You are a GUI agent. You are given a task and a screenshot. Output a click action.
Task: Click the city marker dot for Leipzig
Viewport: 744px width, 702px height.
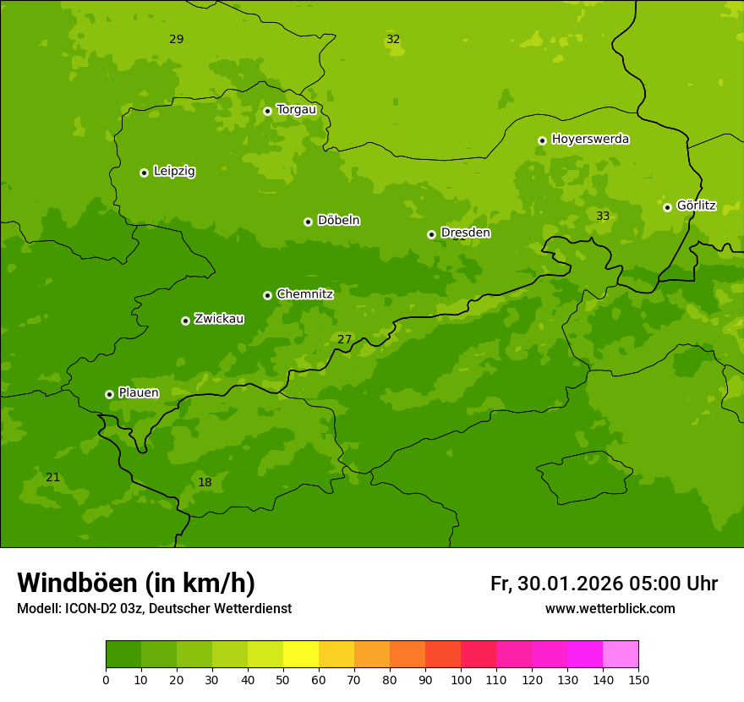144,173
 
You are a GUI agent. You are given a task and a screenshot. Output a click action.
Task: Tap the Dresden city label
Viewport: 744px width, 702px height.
465,233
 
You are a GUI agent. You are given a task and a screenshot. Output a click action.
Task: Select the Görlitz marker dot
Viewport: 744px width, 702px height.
667,207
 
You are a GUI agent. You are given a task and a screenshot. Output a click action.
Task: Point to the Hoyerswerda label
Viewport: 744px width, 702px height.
590,139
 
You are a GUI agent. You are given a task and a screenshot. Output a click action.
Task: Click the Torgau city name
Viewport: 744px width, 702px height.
296,109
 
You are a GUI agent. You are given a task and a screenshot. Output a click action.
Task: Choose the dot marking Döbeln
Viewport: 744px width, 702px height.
308,222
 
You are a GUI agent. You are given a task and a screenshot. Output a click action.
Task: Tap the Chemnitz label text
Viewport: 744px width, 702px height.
304,294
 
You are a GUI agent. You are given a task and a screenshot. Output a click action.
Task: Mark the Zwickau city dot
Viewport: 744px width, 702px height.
185,321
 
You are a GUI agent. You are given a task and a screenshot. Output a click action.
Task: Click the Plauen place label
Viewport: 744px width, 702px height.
138,392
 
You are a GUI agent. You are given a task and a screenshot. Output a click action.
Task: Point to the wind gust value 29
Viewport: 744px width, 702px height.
176,40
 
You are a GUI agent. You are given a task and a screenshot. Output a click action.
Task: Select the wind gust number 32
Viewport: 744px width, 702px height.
393,40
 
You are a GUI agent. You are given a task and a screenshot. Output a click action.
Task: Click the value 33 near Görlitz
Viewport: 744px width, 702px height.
603,217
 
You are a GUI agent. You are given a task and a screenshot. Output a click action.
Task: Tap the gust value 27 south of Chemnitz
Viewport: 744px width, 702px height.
344,340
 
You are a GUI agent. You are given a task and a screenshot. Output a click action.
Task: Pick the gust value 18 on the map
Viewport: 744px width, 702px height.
205,483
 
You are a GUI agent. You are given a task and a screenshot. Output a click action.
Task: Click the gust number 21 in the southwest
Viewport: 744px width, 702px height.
52,478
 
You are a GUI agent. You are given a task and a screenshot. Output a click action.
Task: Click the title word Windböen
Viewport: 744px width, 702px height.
77,583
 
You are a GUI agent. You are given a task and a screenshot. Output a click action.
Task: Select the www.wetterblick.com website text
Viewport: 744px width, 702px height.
610,609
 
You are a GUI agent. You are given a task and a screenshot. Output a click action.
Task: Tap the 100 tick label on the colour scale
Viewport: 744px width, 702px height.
461,679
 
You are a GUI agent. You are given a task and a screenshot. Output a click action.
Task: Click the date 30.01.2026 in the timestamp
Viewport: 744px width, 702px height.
570,584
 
